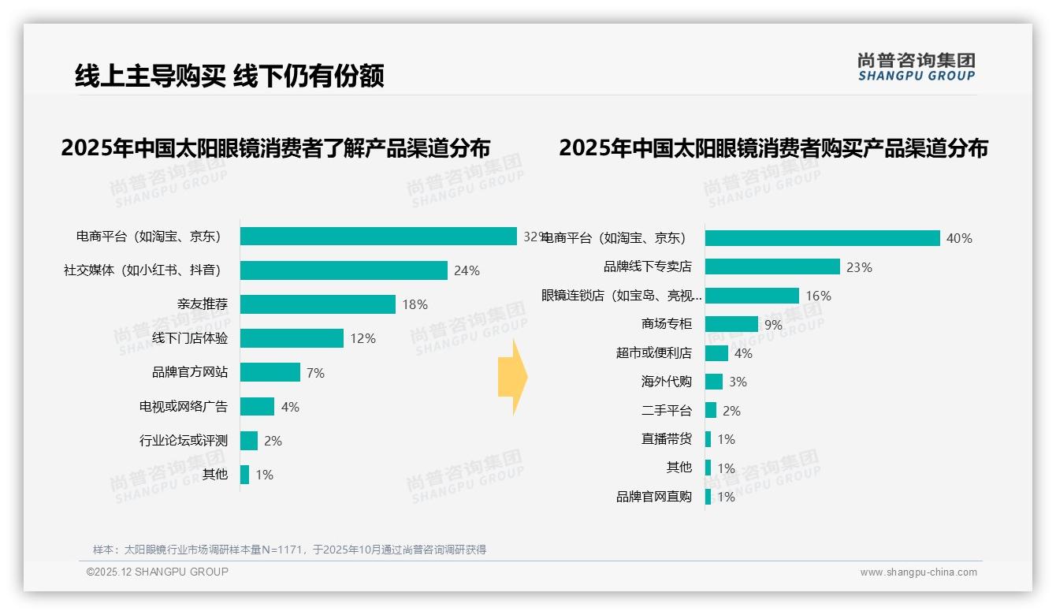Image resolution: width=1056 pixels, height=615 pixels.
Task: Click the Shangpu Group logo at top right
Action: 916,66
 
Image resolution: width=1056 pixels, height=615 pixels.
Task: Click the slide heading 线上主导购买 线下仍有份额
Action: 229,76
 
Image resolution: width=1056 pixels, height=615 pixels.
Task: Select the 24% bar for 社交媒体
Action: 344,270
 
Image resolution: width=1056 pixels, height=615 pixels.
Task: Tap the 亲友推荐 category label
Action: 203,304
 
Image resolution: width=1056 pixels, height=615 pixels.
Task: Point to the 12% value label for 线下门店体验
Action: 363,338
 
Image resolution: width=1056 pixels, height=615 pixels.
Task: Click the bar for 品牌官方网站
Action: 270,372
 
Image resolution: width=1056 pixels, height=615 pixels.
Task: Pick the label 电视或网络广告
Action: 184,407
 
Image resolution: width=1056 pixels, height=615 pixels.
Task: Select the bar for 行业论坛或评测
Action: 249,441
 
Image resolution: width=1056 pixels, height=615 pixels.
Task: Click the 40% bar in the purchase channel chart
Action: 822,238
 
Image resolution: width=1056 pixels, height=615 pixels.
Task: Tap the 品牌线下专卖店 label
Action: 648,266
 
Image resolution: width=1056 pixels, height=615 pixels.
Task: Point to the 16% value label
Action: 818,296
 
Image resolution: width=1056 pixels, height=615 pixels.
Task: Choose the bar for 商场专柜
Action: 731,324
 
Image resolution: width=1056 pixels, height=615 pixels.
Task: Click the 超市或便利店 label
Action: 654,353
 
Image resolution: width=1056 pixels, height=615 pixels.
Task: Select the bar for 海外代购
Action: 714,382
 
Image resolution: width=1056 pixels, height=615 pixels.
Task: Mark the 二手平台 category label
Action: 667,411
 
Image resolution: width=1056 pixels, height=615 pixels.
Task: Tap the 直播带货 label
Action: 667,439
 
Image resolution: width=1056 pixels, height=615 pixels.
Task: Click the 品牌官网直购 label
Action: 654,497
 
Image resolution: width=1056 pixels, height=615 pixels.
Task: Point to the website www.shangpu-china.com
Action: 918,572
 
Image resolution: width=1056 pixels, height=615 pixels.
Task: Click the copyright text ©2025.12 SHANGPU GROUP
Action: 158,572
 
